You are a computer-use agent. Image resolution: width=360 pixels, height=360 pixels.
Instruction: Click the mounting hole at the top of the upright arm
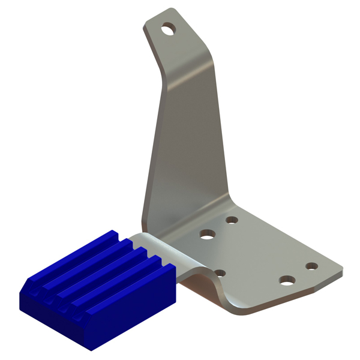[170, 28]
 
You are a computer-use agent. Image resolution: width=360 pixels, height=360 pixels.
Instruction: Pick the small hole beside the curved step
[220, 273]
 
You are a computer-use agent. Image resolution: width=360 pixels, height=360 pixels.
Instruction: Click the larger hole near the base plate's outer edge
[288, 280]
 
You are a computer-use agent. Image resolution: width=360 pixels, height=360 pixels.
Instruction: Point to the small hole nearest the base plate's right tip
[311, 266]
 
